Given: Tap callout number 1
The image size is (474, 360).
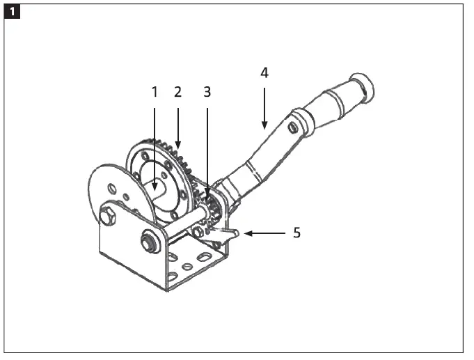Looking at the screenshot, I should (x=155, y=91).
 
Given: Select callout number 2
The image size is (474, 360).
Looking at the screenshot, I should (x=178, y=91).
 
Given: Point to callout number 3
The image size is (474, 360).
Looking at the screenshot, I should (x=207, y=91).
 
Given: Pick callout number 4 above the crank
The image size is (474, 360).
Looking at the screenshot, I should (x=264, y=72).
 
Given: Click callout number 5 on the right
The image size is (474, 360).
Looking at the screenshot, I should (x=297, y=233).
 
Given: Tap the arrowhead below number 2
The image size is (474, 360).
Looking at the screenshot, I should (x=178, y=145).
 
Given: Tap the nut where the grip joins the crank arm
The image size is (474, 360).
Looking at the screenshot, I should (x=293, y=128).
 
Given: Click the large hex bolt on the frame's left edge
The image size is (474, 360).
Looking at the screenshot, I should (x=107, y=217).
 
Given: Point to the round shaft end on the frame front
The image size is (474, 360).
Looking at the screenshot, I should (x=148, y=242).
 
